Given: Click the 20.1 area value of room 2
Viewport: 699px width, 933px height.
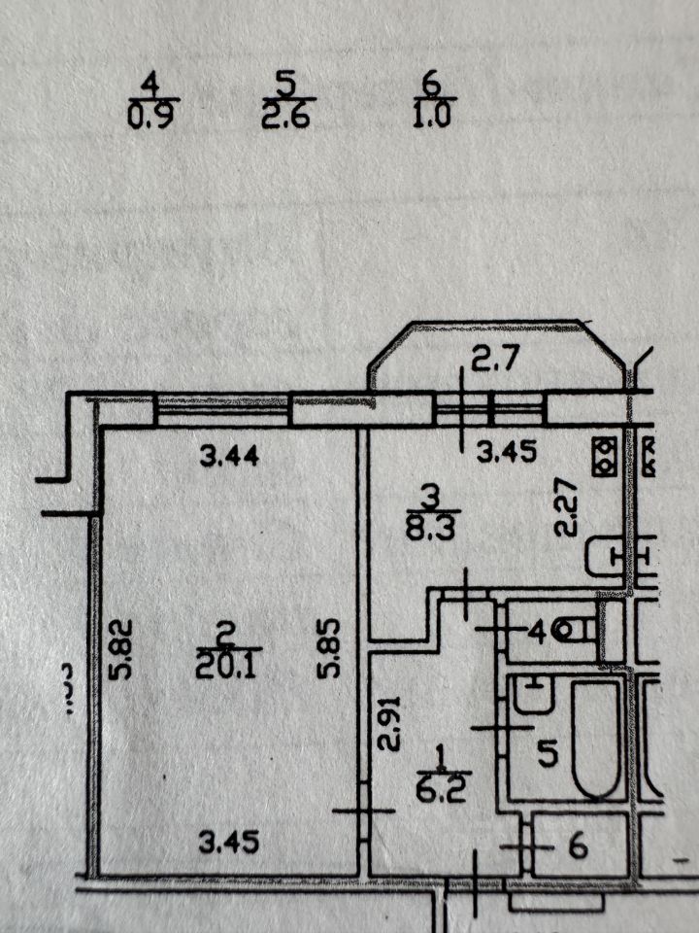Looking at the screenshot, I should pyautogui.click(x=224, y=667).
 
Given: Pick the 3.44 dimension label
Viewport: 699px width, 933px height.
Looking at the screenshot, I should pyautogui.click(x=229, y=455).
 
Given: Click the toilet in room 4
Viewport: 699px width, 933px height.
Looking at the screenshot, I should pyautogui.click(x=582, y=631).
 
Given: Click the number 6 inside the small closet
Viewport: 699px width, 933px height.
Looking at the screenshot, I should pyautogui.click(x=578, y=847).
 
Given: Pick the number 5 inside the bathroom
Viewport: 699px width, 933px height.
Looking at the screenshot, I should pyautogui.click(x=547, y=753).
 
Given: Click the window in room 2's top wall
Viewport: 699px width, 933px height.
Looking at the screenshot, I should pyautogui.click(x=222, y=408).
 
